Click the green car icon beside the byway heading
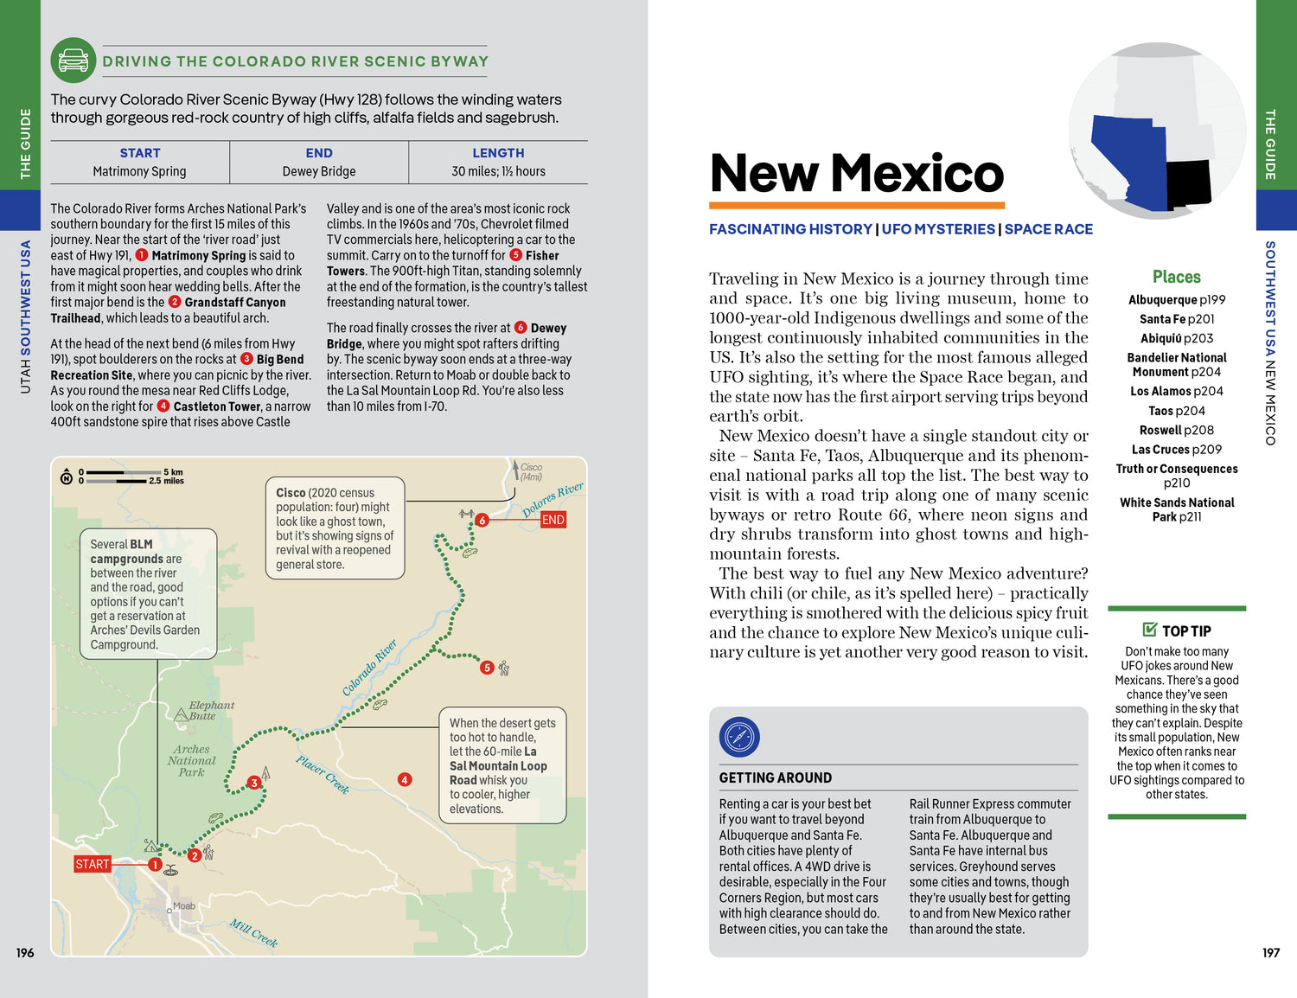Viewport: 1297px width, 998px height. point(73,61)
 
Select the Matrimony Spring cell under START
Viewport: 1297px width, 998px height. point(139,171)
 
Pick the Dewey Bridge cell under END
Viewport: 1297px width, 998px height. point(318,171)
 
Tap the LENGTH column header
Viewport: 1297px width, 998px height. point(498,153)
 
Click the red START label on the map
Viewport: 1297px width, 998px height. point(93,864)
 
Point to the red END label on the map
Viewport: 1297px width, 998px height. point(553,520)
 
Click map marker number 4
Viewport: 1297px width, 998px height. point(405,779)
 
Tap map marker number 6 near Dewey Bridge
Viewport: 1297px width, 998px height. point(482,520)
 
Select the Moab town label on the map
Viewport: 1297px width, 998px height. point(184,906)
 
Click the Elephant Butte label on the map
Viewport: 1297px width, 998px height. point(211,711)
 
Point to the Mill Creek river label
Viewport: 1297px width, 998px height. point(253,933)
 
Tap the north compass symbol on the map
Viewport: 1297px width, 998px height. point(67,477)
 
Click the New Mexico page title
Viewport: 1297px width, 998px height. point(857,173)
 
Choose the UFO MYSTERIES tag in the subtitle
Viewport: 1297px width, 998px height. point(938,229)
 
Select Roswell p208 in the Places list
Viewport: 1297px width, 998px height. point(1176,430)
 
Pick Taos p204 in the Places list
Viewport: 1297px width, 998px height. point(1176,411)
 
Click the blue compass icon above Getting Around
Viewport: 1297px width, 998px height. point(739,738)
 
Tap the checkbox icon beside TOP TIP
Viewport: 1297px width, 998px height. point(1149,630)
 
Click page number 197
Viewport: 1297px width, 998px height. point(1270,952)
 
